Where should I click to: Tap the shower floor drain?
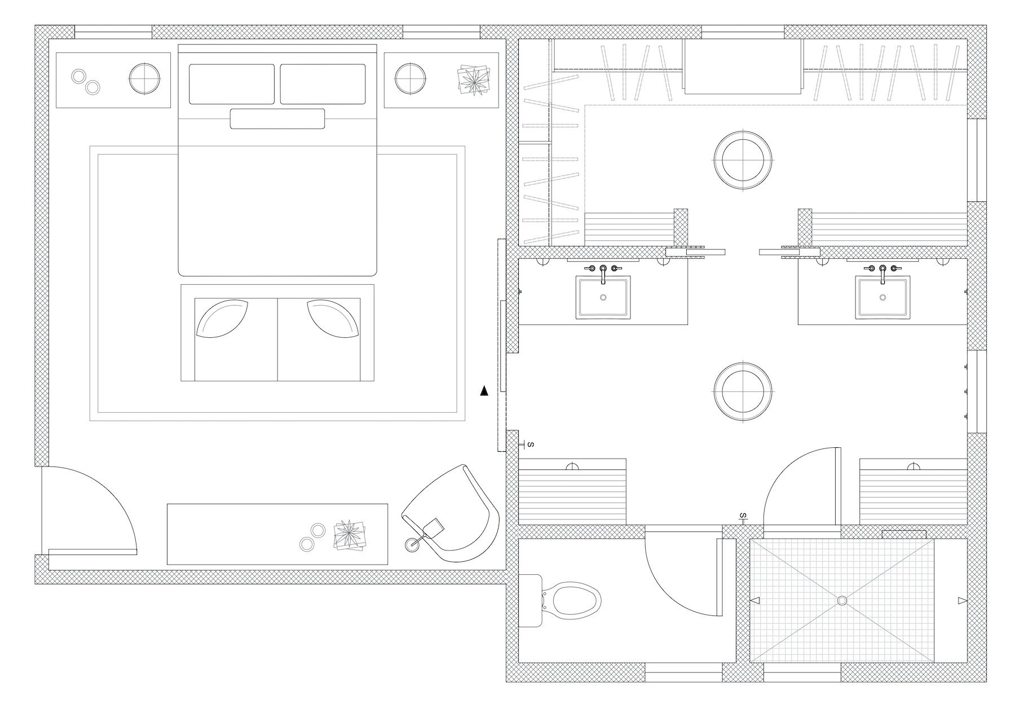click(842, 601)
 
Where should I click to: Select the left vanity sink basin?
click(603, 297)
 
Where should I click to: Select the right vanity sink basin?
click(882, 297)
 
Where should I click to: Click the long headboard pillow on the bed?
click(277, 118)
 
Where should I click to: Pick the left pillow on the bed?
click(231, 84)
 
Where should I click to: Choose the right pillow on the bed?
click(323, 84)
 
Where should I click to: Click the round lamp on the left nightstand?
click(145, 77)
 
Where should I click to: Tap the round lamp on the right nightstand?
click(410, 77)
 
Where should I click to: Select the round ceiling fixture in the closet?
click(742, 160)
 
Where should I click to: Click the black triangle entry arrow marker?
click(484, 391)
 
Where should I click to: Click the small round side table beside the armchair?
click(412, 545)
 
